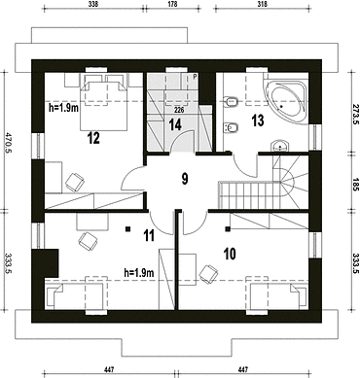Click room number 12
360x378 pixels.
point(93,138)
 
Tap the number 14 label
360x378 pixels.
point(175,124)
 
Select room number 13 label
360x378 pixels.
point(258,120)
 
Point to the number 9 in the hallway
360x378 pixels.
point(185,179)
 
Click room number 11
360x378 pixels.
point(149,235)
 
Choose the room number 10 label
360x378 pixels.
point(230,255)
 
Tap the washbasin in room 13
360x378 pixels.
point(280,146)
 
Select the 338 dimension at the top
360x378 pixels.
point(92,4)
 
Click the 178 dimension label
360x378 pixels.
point(173,4)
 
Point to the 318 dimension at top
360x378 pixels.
point(262,4)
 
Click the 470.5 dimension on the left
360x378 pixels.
point(7,142)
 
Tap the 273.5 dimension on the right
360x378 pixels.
point(355,115)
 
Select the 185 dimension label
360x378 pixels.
point(355,184)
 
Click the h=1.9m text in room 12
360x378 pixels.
point(64,108)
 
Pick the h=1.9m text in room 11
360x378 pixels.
point(139,273)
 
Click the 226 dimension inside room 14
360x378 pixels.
point(179,110)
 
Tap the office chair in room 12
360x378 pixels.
point(75,182)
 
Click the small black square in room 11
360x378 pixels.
point(128,229)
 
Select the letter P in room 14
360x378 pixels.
point(195,77)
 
